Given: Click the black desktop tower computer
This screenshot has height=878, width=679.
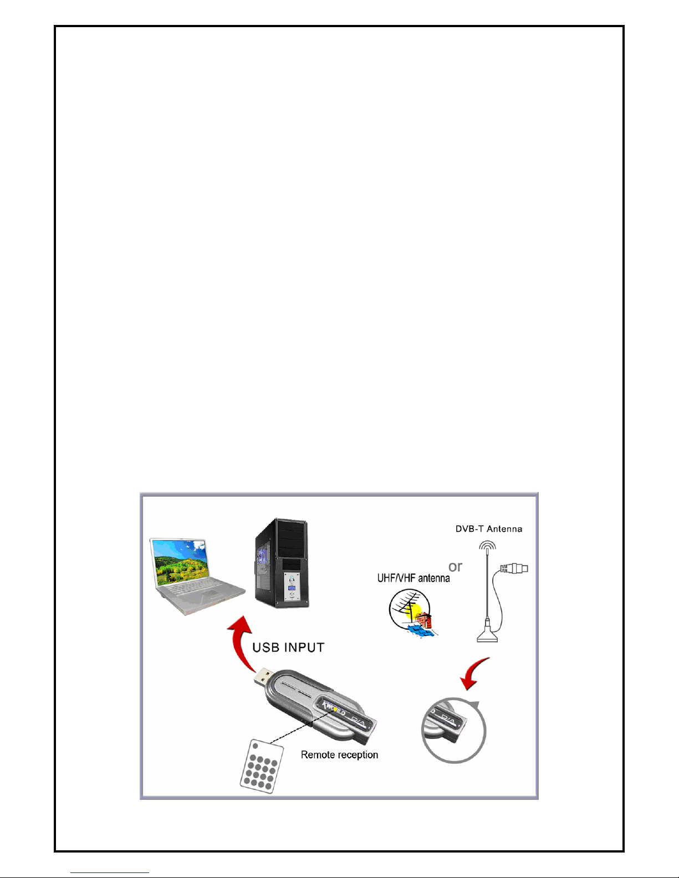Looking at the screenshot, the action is point(282,563).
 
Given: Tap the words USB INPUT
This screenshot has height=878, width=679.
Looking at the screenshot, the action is point(288,648).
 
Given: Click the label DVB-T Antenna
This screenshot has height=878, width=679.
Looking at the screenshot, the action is point(489,529).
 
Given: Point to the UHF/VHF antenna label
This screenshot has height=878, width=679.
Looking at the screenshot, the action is point(413,578).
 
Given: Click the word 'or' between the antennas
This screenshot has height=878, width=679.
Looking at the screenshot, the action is point(456,567).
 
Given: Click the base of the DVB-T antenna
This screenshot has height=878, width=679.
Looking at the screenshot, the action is point(487,636).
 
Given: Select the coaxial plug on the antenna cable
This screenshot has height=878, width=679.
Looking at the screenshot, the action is point(514,568).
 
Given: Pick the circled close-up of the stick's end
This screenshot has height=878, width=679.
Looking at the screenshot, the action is point(453,730).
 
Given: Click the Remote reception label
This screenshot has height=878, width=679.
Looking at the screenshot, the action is point(339,755).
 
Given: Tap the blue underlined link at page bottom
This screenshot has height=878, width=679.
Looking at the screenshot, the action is point(110,873).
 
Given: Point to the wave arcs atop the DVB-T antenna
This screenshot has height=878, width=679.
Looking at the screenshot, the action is point(487,545).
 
